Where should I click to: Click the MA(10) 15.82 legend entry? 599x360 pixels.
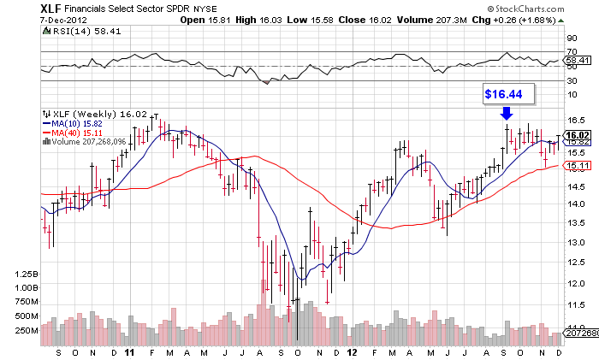pyautogui.click(x=77, y=123)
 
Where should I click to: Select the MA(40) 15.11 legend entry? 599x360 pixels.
pyautogui.click(x=77, y=133)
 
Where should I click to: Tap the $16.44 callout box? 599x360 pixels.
pyautogui.click(x=507, y=92)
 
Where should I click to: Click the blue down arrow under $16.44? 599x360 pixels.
pyautogui.click(x=507, y=112)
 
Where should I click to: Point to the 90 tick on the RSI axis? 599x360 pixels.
pyautogui.click(x=572, y=38)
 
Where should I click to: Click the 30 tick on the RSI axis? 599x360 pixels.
pyautogui.click(x=572, y=82)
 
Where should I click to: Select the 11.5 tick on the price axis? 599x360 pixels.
pyautogui.click(x=575, y=304)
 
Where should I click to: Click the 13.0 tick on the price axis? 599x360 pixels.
pyautogui.click(x=575, y=243)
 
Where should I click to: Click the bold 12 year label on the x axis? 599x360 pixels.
pyautogui.click(x=352, y=351)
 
